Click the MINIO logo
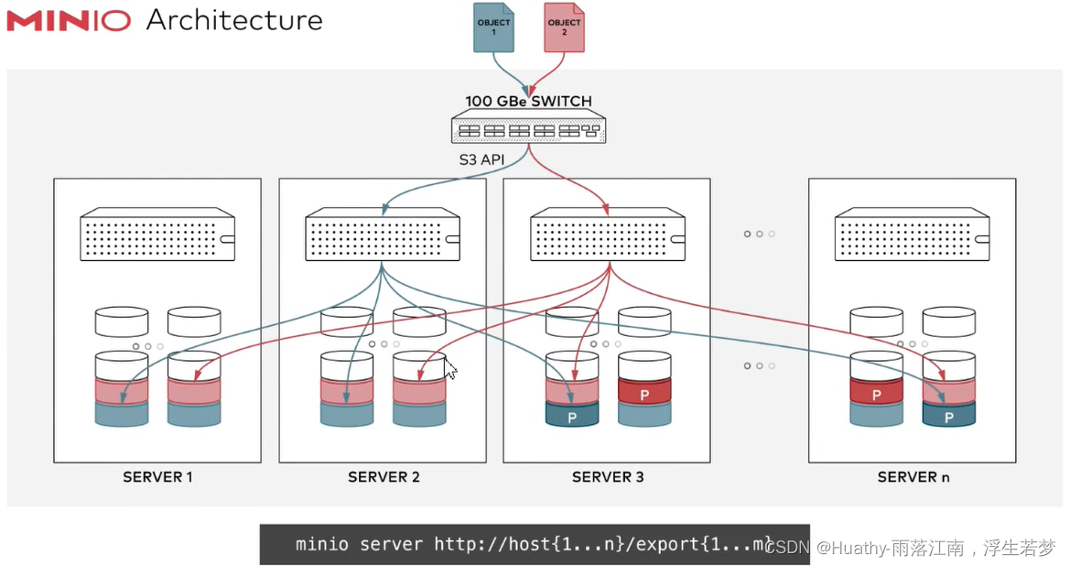(x=70, y=20)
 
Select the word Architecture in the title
(x=234, y=20)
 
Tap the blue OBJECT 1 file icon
(x=492, y=27)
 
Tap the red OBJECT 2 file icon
(x=564, y=27)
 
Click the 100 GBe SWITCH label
(x=528, y=101)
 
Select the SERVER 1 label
(x=157, y=477)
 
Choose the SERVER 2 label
(x=384, y=477)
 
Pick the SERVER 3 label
(x=608, y=477)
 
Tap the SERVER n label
(x=913, y=477)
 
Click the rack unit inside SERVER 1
(x=157, y=235)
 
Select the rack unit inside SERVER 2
(x=383, y=235)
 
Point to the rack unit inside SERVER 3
(x=608, y=235)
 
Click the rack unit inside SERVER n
(x=913, y=235)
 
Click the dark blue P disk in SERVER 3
(x=572, y=415)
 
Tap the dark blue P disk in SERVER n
(x=949, y=415)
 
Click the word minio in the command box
(x=321, y=544)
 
